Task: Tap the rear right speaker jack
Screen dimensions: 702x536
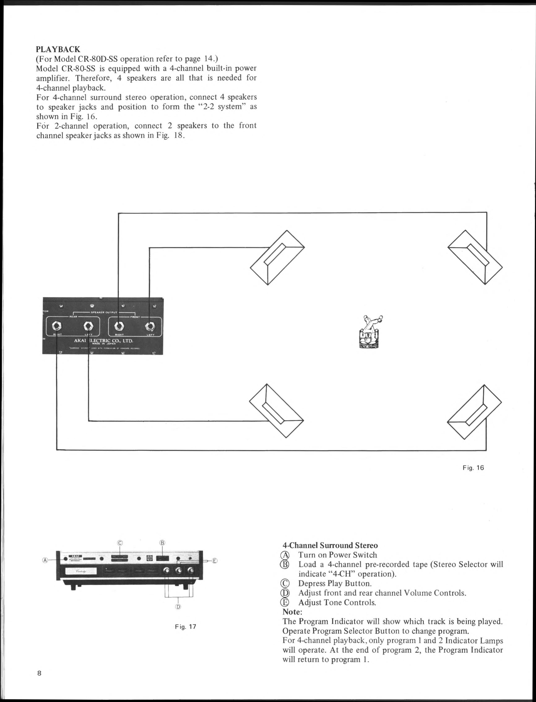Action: pyautogui.click(x=57, y=326)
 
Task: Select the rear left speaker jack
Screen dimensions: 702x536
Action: pyautogui.click(x=88, y=326)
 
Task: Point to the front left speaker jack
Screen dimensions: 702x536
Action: pyautogui.click(x=150, y=326)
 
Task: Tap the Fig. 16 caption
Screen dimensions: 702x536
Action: pyautogui.click(x=473, y=468)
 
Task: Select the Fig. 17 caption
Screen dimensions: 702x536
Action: pyautogui.click(x=185, y=627)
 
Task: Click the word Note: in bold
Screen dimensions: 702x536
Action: pyautogui.click(x=292, y=612)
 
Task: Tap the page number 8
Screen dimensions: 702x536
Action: pyautogui.click(x=39, y=673)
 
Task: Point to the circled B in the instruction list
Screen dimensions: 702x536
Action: pyautogui.click(x=285, y=564)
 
